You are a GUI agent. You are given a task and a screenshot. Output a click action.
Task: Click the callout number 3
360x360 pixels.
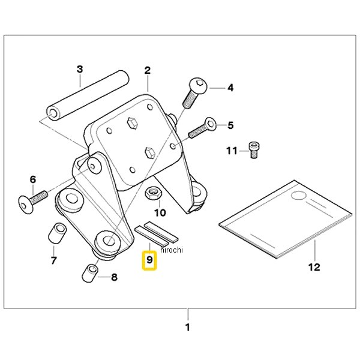[x=80, y=69]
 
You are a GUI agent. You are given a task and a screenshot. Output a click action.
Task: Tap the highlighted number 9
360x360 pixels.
[x=149, y=260]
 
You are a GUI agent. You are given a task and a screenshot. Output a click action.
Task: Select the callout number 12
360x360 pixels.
[x=314, y=267]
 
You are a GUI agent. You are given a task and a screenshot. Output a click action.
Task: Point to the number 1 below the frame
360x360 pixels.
[x=188, y=327]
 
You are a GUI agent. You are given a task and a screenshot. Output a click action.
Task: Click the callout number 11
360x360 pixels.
[x=232, y=151]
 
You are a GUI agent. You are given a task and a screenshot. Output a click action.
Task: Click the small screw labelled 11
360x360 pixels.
[x=254, y=150]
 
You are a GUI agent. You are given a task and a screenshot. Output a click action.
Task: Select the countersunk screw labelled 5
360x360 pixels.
[x=203, y=128]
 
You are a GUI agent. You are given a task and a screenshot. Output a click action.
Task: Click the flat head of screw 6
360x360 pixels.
[x=25, y=205]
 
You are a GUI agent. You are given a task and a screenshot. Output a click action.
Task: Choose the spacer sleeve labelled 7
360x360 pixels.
[x=58, y=232]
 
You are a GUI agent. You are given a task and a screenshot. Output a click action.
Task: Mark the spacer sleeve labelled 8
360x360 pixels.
[x=90, y=273]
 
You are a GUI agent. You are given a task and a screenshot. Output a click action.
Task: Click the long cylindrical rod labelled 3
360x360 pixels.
[x=88, y=95]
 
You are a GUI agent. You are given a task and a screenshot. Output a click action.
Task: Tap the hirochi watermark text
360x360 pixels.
[x=172, y=250]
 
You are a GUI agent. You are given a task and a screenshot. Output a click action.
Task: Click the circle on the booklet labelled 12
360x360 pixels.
[x=299, y=196]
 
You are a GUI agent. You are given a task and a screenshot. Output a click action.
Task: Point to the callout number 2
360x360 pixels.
[x=148, y=70]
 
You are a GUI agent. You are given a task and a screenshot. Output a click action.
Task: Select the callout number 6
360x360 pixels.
[x=33, y=179]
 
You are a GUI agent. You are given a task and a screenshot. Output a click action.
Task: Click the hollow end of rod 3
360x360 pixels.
[x=53, y=113]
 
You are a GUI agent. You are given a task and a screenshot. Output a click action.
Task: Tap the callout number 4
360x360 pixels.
[x=230, y=88]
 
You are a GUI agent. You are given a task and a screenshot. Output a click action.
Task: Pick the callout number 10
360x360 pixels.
[x=160, y=212]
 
